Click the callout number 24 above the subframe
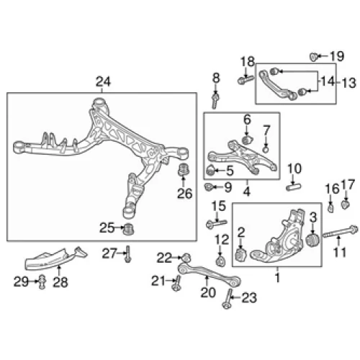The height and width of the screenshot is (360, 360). pyautogui.click(x=103, y=81)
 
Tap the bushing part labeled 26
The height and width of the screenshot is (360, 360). pyautogui.click(x=184, y=170)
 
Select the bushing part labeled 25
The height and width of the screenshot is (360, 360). pyautogui.click(x=128, y=229)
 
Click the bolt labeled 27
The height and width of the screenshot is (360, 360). pyautogui.click(x=127, y=254)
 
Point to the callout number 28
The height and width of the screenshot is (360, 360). pyautogui.click(x=60, y=282)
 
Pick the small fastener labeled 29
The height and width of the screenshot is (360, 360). pyautogui.click(x=42, y=282)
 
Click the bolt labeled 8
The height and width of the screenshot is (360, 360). pyautogui.click(x=215, y=101)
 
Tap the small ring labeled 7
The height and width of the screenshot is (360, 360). pyautogui.click(x=266, y=150)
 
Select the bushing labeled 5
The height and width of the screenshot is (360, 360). pyautogui.click(x=210, y=170)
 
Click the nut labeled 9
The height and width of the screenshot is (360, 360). pyautogui.click(x=209, y=186)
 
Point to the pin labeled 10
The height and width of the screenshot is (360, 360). pyautogui.click(x=294, y=186)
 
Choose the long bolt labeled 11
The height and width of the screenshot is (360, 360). pyautogui.click(x=341, y=232)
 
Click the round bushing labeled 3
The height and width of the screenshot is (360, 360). pyautogui.click(x=312, y=240)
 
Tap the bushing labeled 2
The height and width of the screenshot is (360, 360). pyautogui.click(x=240, y=255)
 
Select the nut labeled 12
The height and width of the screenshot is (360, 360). pyautogui.click(x=220, y=261)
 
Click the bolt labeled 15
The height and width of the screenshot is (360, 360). pyautogui.click(x=216, y=224)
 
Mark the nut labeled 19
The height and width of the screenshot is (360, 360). pyautogui.click(x=314, y=57)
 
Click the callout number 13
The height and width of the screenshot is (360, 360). pyautogui.click(x=348, y=83)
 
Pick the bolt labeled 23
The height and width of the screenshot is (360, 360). pyautogui.click(x=228, y=299)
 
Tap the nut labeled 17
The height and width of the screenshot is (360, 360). pyautogui.click(x=346, y=204)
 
